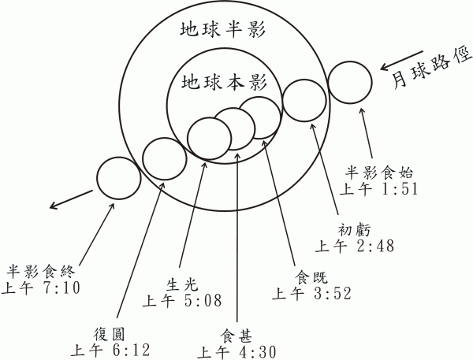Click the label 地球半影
tap(222, 30)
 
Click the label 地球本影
tap(224, 82)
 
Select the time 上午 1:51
tap(379, 189)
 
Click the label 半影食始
tap(379, 173)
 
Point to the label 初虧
tap(354, 230)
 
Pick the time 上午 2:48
tap(355, 246)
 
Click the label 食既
tap(311, 276)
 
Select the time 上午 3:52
tap(312, 293)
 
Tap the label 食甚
tap(236, 336)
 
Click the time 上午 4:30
tap(236, 352)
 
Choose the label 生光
tap(182, 284)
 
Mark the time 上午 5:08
tap(182, 300)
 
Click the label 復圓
tap(109, 335)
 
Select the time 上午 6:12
tap(110, 350)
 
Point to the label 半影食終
tap(41, 272)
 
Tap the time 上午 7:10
tap(41, 288)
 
